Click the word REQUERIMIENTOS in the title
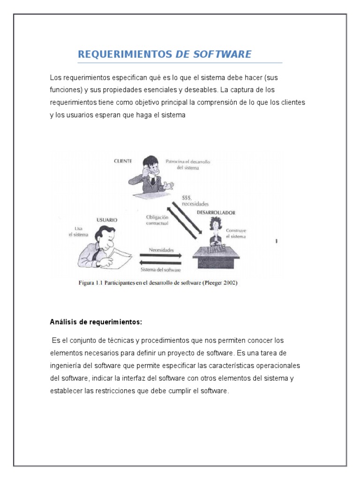[125, 54]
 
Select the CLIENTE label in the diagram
[123, 161]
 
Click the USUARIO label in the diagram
[107, 219]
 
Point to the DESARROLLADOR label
[216, 212]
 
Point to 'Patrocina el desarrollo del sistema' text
[188, 165]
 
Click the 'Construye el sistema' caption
[236, 233]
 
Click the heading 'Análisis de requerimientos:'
[96, 322]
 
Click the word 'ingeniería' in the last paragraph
[66, 365]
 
